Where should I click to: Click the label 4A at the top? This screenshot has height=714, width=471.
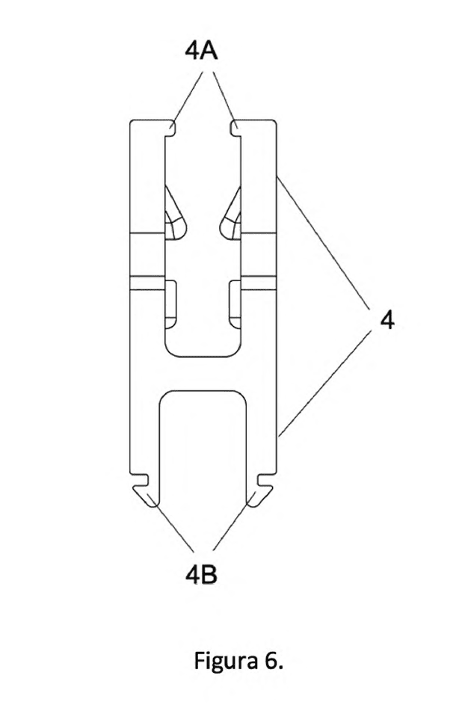pos(201,51)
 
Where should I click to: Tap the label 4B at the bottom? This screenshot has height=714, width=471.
pos(201,575)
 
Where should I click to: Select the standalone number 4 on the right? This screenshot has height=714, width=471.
pos(387,321)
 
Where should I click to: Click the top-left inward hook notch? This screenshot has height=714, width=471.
pos(170,128)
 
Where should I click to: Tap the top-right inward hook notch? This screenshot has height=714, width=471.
pos(235,128)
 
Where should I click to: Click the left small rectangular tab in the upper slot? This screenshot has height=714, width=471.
pos(170,304)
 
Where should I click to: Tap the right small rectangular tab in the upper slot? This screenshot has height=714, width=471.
pos(235,304)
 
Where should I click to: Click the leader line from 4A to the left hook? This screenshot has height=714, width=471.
pos(187,97)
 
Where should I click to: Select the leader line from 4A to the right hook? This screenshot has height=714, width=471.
pos(224,97)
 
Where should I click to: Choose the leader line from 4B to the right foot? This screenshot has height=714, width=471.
pos(233,525)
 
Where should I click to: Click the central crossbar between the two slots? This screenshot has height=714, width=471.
pos(203,373)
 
